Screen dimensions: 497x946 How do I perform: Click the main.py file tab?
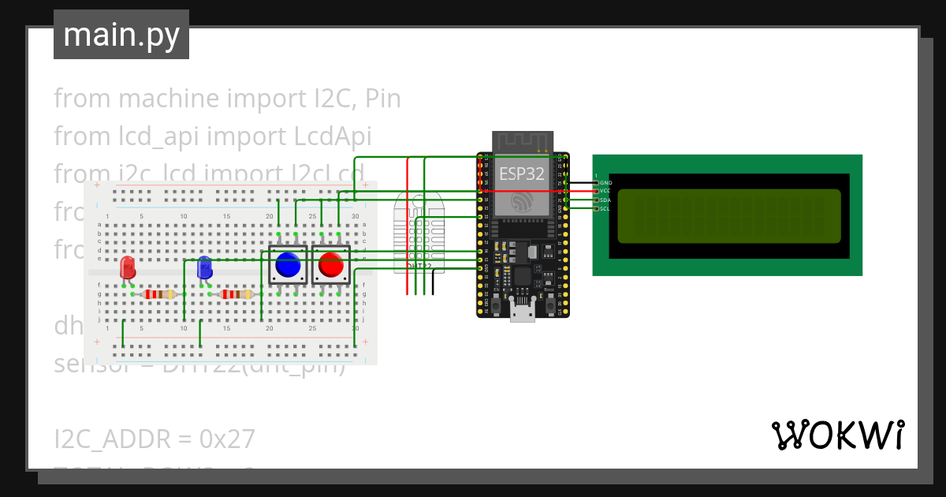pos(121,35)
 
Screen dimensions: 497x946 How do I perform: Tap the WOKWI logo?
pos(837,435)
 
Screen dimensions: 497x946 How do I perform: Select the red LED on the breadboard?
pos(127,267)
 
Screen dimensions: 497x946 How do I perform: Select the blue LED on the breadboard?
pos(204,267)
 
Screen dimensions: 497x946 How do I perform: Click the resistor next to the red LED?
pos(161,294)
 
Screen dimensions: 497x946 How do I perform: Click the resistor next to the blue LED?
pos(237,294)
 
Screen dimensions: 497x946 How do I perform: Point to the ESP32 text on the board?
pos(520,175)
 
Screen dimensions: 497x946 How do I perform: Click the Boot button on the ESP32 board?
pos(549,303)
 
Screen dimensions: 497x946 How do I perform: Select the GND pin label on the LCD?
pos(605,183)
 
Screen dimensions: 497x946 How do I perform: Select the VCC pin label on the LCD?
pos(605,191)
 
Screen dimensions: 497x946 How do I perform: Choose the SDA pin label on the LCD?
pos(605,200)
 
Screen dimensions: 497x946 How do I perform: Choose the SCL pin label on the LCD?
pos(605,209)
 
